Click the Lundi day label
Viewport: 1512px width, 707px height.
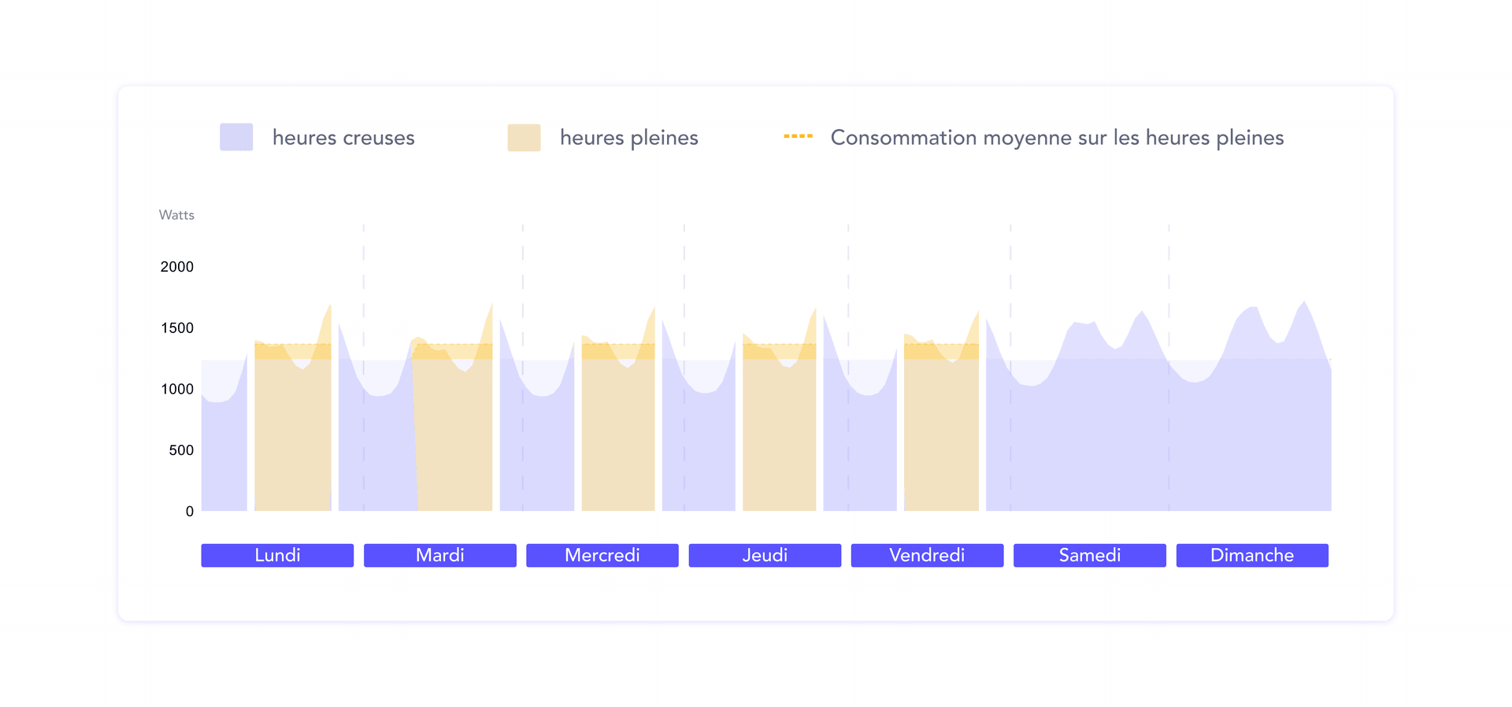coord(277,555)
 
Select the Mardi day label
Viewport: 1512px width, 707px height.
coord(439,555)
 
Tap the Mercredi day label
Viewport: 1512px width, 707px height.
coord(602,555)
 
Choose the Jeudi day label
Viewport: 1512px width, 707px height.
coord(765,555)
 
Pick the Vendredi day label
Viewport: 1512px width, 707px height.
coord(927,555)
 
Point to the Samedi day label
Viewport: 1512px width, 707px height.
coord(1089,555)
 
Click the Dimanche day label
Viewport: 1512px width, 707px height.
coord(1252,555)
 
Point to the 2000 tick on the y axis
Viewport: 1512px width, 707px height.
coord(176,267)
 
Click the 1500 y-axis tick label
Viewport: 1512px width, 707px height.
coord(176,328)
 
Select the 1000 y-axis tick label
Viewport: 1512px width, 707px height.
coord(176,389)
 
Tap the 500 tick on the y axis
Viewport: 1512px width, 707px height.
coord(180,450)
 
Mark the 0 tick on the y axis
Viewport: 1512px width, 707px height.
coord(189,512)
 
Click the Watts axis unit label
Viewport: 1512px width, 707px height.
coord(176,215)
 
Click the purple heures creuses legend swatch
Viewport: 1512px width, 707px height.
coord(236,137)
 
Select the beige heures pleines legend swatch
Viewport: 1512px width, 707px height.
coord(524,137)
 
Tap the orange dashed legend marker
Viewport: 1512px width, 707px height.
coord(798,136)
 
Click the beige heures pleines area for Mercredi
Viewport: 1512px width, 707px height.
coord(618,433)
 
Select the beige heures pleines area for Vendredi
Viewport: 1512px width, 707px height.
coord(941,433)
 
